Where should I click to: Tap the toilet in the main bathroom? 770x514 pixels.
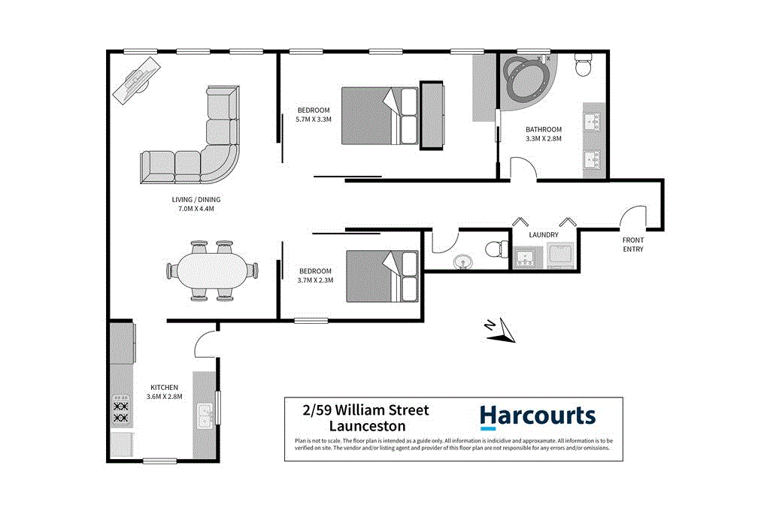[583, 68]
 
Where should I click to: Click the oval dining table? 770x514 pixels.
[212, 271]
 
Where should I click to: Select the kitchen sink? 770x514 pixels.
[205, 415]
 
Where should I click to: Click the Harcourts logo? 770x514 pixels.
[537, 416]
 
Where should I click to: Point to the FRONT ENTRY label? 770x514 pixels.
[632, 245]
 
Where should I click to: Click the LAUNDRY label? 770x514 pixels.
[543, 234]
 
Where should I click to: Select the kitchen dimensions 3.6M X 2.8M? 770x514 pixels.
[164, 392]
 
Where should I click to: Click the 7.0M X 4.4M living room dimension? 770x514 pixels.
[195, 204]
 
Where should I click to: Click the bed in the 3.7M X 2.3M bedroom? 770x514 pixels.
[383, 276]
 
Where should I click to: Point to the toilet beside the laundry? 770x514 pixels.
[496, 249]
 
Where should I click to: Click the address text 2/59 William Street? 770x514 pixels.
[365, 410]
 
